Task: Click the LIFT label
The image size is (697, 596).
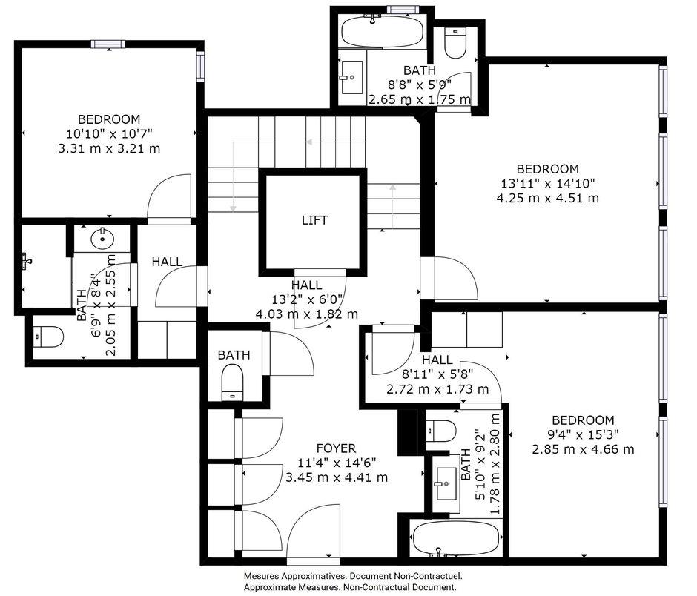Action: tap(314, 220)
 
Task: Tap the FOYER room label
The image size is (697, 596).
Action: tap(336, 448)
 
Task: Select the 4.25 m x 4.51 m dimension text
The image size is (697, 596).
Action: tap(548, 198)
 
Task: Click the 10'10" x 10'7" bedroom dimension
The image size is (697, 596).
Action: tap(109, 133)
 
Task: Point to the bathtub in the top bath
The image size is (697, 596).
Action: tap(382, 30)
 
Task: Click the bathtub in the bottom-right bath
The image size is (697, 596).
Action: tap(456, 538)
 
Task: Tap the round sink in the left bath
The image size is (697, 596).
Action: tap(102, 239)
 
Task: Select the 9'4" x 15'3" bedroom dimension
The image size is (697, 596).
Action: tap(582, 434)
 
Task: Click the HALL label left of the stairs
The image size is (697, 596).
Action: tap(167, 262)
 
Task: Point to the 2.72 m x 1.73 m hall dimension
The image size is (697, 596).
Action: tap(437, 389)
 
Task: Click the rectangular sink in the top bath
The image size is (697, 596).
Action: tap(351, 77)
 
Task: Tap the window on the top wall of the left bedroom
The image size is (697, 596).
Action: tap(108, 44)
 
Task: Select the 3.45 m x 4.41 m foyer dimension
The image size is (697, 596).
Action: tap(337, 478)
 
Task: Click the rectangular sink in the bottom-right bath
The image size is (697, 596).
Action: tap(446, 483)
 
